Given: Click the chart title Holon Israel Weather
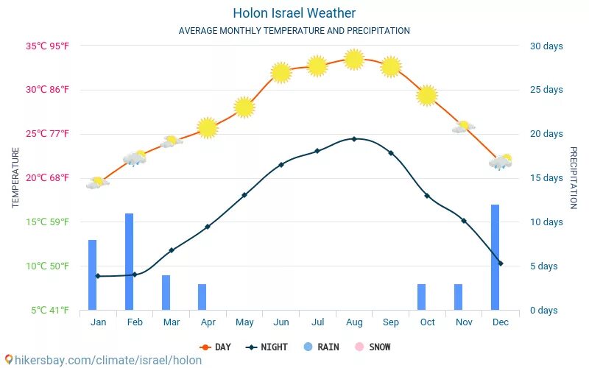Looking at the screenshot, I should (294, 13).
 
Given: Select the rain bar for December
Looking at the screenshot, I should (495, 257).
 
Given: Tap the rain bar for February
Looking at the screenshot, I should (129, 261).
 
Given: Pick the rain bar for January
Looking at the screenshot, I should (92, 275).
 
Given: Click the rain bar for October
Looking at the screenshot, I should (421, 297).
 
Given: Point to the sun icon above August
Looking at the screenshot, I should (354, 60).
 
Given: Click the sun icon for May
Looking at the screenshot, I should (244, 107).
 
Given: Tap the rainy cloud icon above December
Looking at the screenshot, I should (501, 162).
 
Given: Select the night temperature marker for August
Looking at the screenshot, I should (354, 138).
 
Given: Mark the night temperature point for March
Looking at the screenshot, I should (172, 250).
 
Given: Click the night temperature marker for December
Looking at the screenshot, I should (501, 263).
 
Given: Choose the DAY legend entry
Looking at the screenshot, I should (215, 347).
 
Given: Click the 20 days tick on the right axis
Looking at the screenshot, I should (546, 134).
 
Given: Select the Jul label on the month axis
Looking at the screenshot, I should (317, 322).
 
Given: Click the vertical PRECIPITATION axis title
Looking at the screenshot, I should (574, 177).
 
